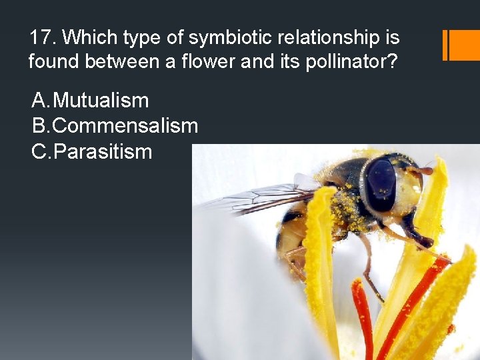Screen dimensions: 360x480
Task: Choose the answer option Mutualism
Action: point(101,101)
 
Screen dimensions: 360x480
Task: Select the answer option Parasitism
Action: point(103,151)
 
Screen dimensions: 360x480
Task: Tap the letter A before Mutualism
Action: point(40,101)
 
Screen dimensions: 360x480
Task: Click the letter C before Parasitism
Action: point(40,151)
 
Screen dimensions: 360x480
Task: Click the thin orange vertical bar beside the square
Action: point(445,45)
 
